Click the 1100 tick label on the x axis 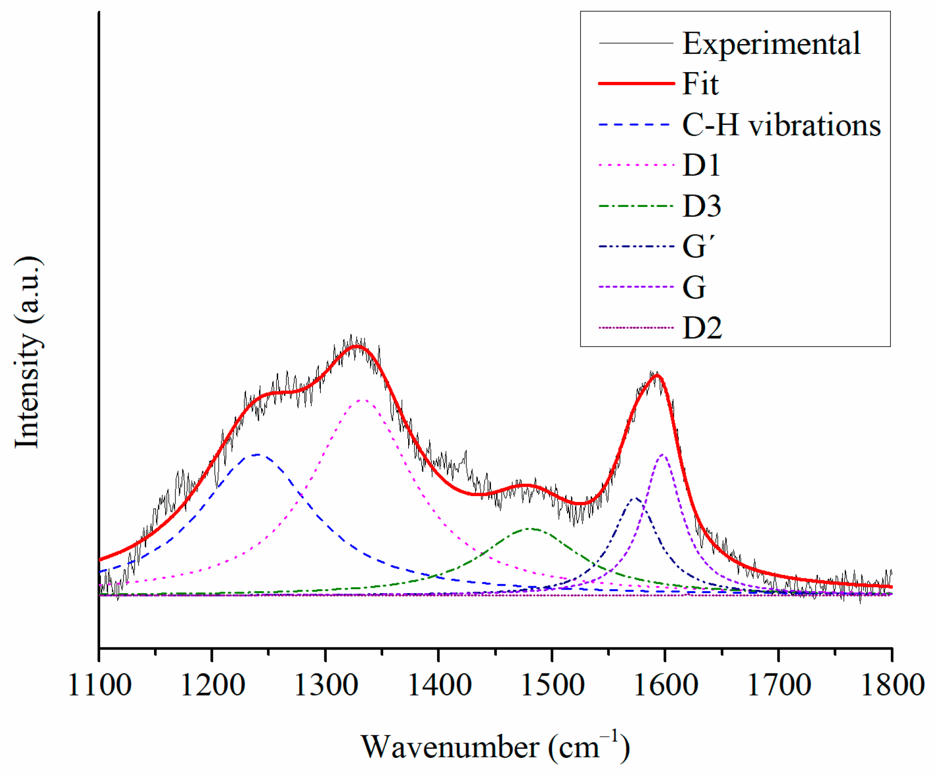tap(100, 685)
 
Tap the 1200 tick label tap(212, 685)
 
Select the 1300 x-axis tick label tap(326, 685)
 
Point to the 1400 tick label tap(439, 685)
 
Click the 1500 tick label tap(552, 685)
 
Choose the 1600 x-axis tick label tap(666, 685)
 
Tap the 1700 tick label tap(779, 685)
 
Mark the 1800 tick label tap(892, 685)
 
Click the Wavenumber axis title tap(495, 747)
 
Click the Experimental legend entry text tap(771, 44)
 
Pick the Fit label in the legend tap(701, 84)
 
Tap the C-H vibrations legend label tap(781, 125)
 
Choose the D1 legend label tap(701, 165)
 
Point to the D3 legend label tap(702, 206)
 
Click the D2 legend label tap(702, 328)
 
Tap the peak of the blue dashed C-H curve tap(257, 454)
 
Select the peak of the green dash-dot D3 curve tap(530, 528)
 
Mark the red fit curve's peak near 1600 tap(657, 375)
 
